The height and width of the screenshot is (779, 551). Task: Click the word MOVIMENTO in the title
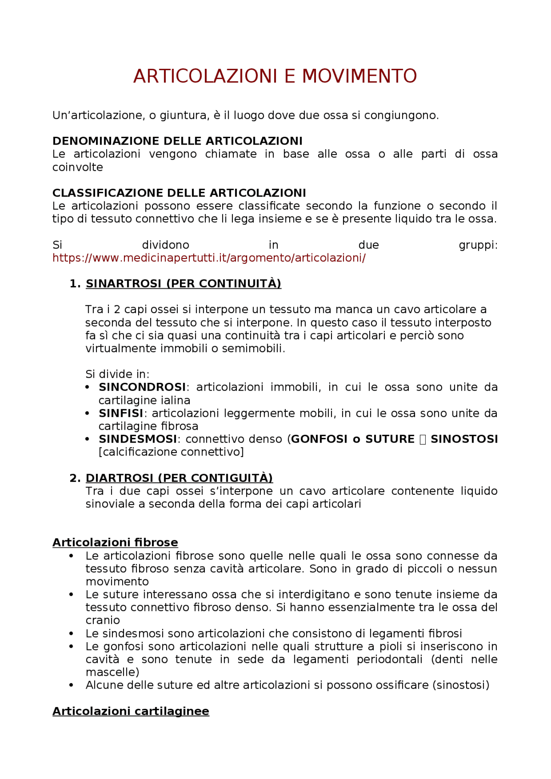(359, 77)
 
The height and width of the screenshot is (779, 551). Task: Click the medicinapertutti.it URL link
(209, 258)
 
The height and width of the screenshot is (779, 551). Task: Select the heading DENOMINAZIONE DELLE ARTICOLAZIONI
(177, 141)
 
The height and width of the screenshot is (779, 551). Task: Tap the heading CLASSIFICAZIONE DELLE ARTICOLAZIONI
(179, 193)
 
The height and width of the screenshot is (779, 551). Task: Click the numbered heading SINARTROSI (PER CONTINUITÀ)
(183, 284)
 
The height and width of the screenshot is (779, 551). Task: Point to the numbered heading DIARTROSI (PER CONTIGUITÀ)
(179, 478)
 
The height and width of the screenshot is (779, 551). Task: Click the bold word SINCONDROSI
(142, 387)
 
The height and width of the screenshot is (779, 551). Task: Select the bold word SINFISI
(121, 413)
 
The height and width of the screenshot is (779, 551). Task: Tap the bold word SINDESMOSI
(138, 439)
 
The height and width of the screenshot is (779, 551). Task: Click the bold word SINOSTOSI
(464, 439)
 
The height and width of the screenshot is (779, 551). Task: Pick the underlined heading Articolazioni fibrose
(115, 543)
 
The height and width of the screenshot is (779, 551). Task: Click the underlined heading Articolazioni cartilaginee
(130, 711)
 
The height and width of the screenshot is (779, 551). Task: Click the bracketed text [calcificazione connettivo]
(171, 452)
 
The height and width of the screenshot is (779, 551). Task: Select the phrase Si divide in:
(117, 374)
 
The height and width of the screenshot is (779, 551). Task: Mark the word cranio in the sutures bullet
(102, 620)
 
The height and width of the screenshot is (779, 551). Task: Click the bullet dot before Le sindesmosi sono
(71, 634)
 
